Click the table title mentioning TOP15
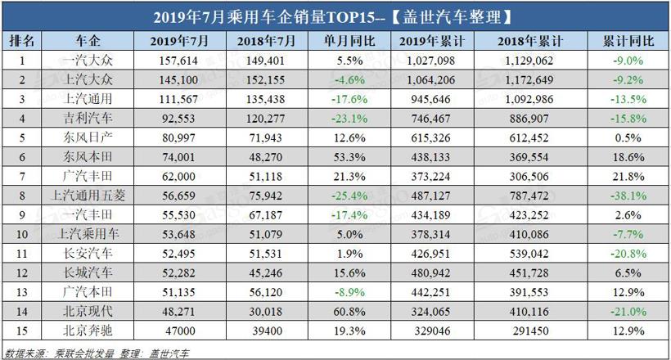coord(335,16)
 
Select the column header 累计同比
coord(624,40)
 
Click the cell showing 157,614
coord(178,60)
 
